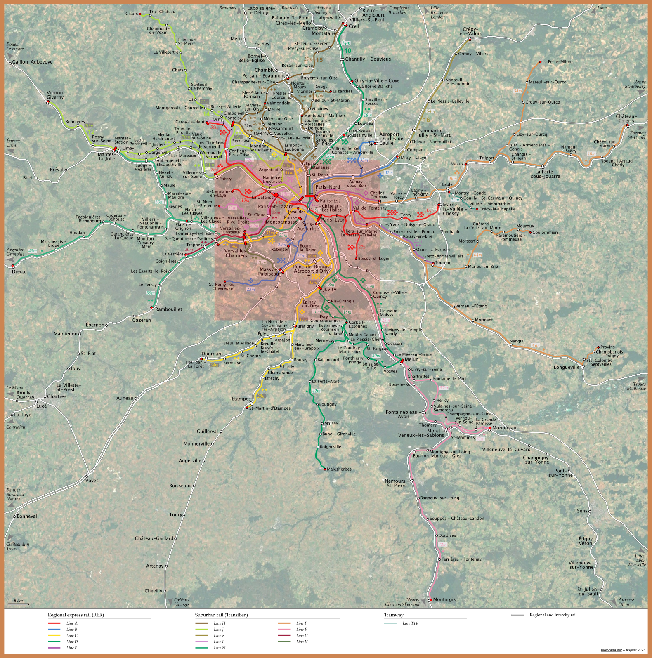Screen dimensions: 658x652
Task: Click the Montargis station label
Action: click(x=444, y=599)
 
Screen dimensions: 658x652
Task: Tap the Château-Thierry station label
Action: click(x=626, y=118)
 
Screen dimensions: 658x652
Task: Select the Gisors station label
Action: click(x=132, y=14)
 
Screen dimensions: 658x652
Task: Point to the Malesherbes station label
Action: click(x=339, y=469)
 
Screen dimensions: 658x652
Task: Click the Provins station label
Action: click(x=607, y=347)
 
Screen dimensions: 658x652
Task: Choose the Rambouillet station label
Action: click(x=168, y=309)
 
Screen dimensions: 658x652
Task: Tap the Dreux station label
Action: click(x=19, y=271)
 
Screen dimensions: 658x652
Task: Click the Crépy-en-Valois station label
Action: click(x=470, y=31)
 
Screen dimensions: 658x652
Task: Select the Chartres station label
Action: click(x=57, y=396)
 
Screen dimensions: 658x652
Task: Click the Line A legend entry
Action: click(x=71, y=623)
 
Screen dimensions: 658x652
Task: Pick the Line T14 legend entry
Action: click(x=410, y=623)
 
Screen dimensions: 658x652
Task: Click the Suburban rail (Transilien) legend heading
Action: click(x=221, y=615)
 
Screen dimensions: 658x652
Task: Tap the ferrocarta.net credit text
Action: click(x=611, y=650)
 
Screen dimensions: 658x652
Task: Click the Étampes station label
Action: click(x=241, y=399)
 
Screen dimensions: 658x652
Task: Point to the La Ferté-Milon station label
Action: click(x=557, y=61)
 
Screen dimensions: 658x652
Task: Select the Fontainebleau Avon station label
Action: click(x=403, y=414)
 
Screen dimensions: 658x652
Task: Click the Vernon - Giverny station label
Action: click(x=57, y=95)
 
